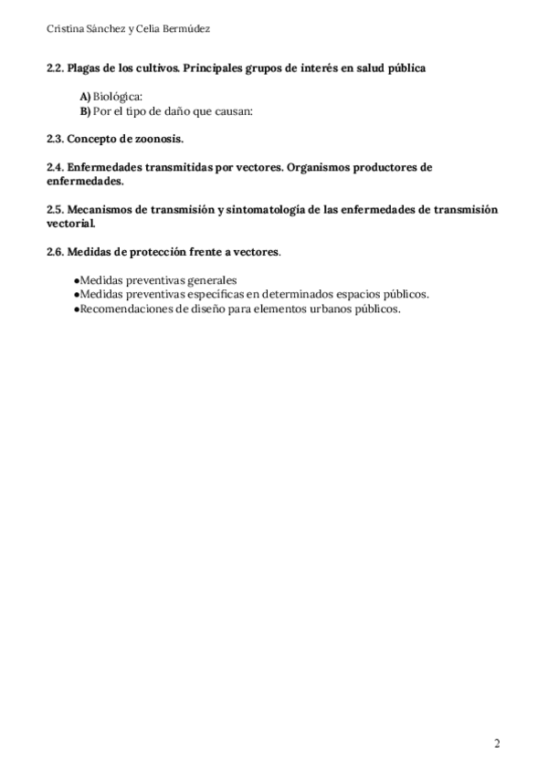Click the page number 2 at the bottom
[x=497, y=743]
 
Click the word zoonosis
[x=159, y=139]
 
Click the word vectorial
[x=70, y=223]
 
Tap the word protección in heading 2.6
[x=153, y=251]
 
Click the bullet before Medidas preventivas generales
[x=76, y=280]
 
